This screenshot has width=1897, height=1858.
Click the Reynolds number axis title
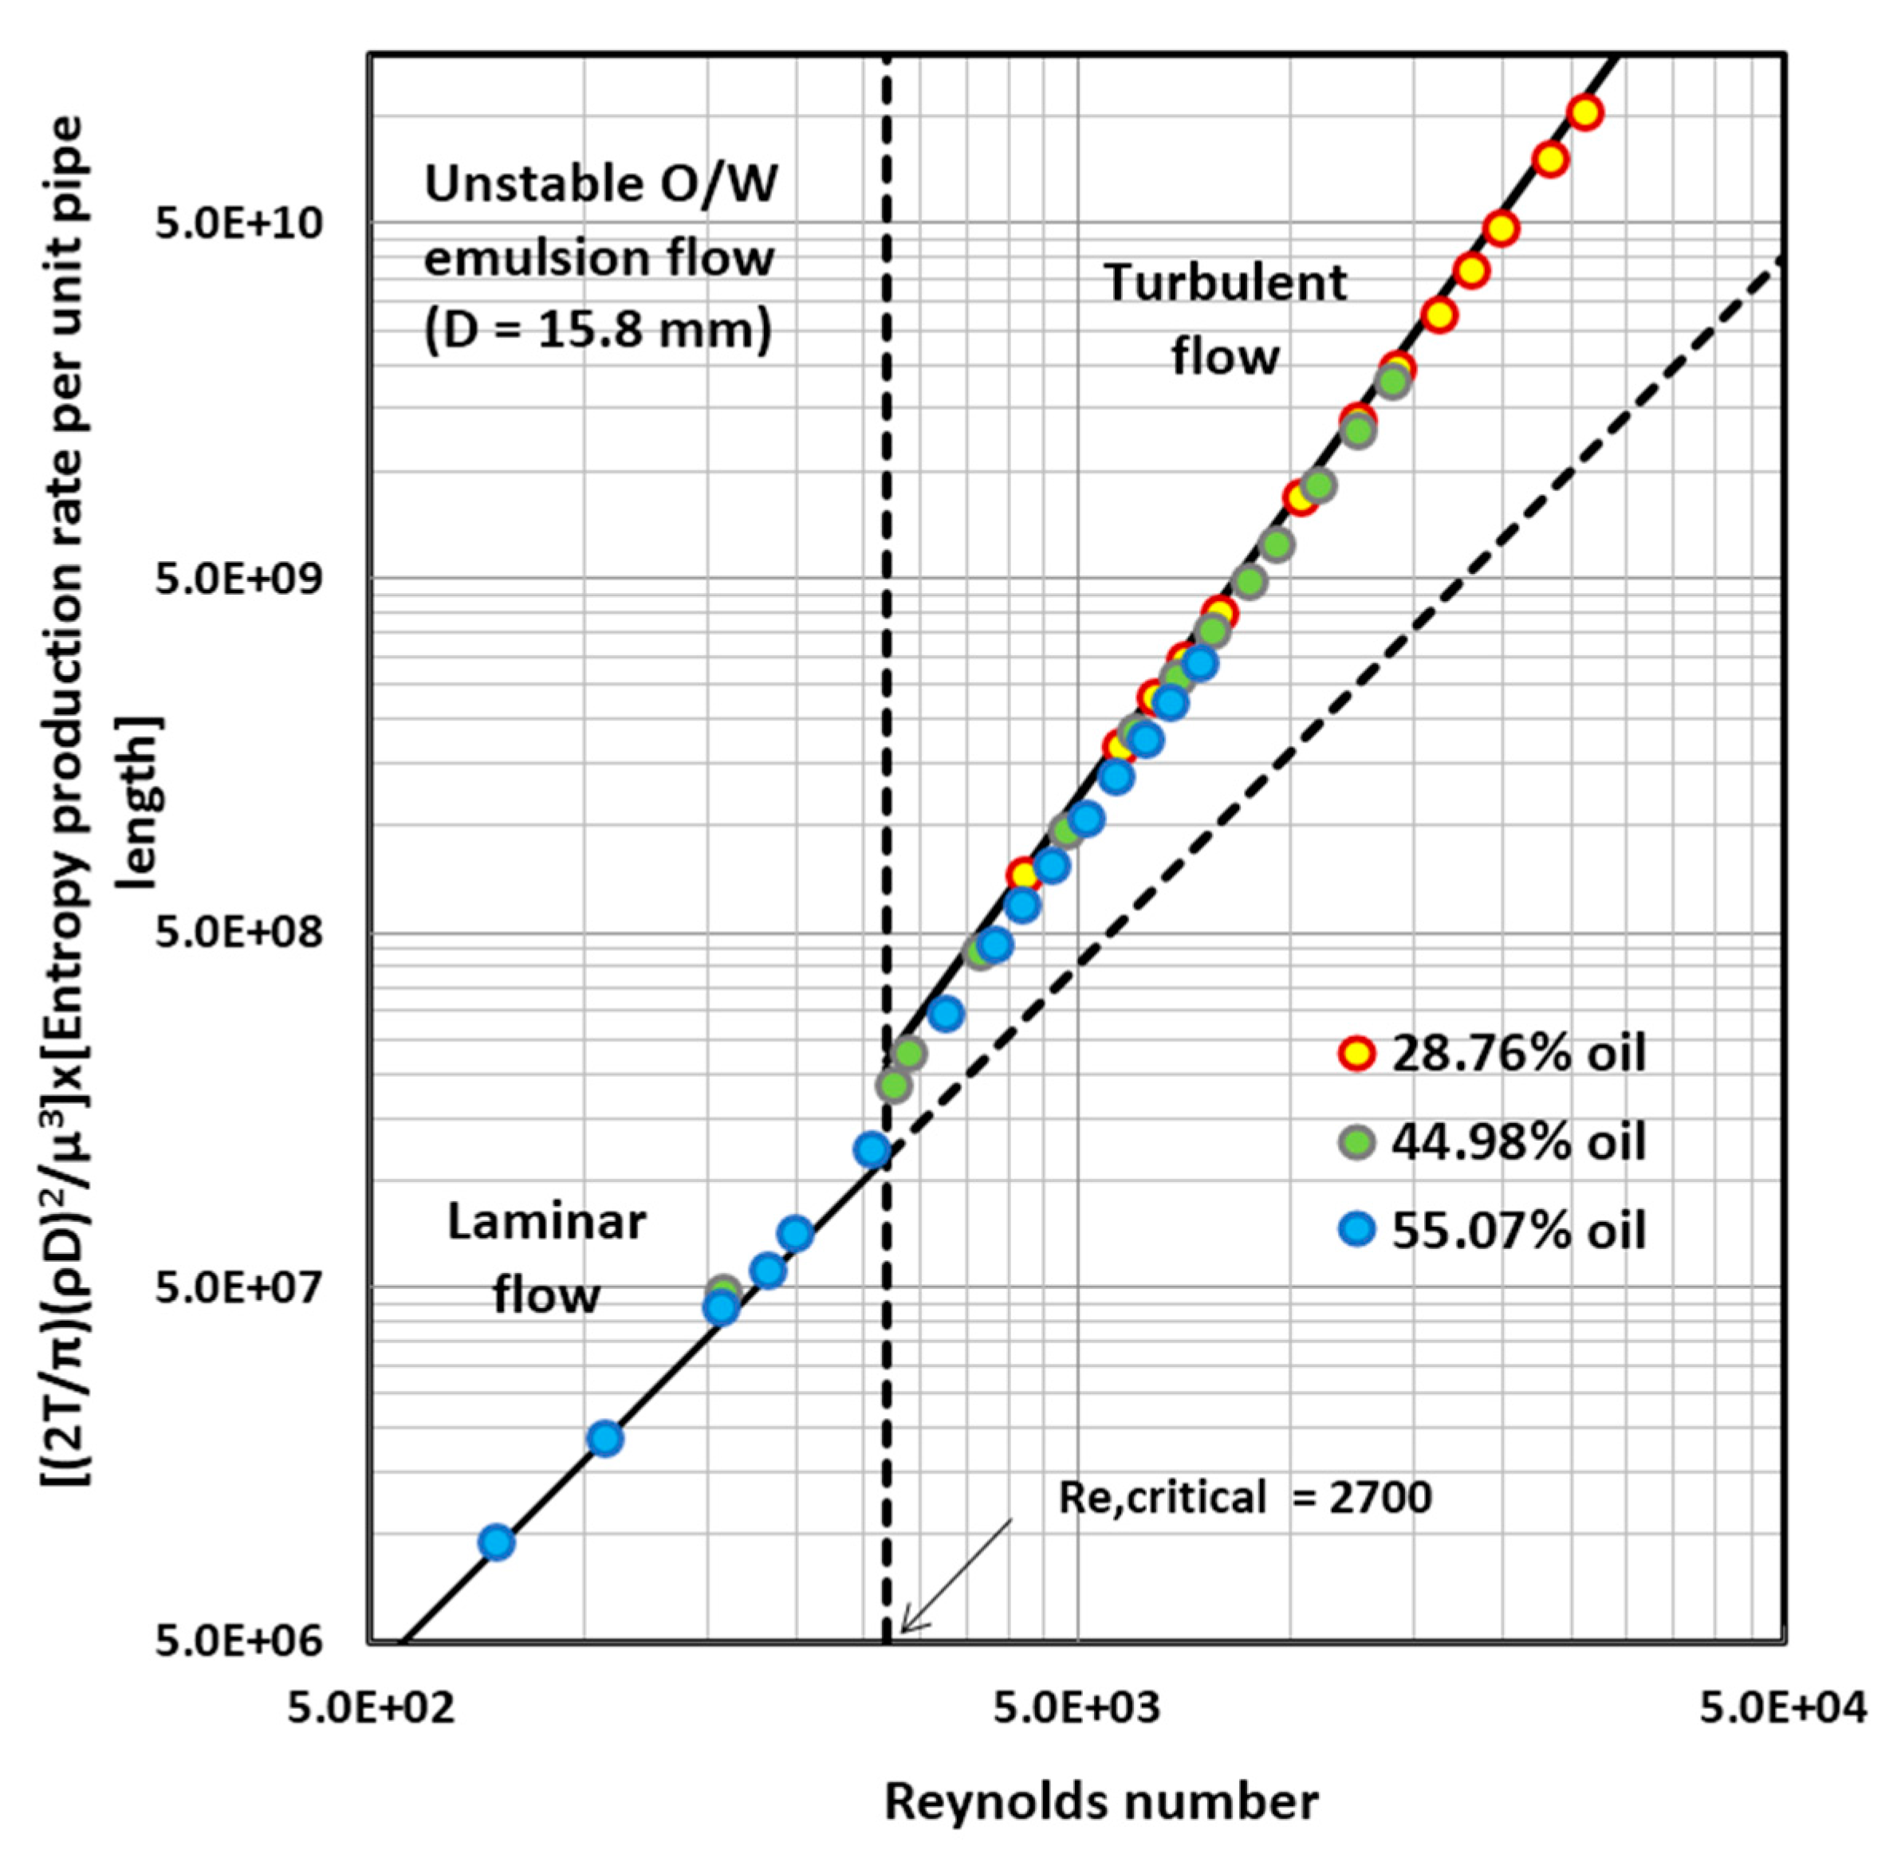(x=1100, y=1802)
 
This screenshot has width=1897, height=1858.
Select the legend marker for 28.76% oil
(x=1356, y=1054)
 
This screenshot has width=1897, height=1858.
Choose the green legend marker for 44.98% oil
(x=1356, y=1141)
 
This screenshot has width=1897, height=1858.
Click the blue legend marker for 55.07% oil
(x=1356, y=1230)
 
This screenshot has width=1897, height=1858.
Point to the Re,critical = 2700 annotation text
(x=1244, y=1498)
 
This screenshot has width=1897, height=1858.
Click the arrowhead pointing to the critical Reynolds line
(x=904, y=1628)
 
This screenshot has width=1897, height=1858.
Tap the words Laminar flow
(x=547, y=1259)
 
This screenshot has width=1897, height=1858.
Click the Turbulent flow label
(x=1226, y=319)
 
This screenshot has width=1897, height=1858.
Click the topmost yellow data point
(x=1584, y=113)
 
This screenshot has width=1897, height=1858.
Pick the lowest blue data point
(x=497, y=1543)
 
